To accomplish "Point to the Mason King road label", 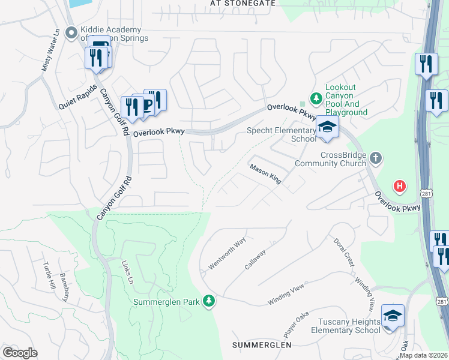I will coord(266,175).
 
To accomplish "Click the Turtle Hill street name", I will coord(49,276).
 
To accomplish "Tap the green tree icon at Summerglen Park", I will coord(209,301).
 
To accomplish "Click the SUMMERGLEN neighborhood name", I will coord(262,345).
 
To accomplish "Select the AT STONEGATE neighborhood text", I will coord(243,3).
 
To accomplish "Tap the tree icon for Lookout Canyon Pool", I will coord(315,98).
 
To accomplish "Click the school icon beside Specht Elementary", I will coord(327,127).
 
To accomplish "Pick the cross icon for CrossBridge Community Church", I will coord(376,159).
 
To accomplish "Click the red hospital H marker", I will coord(399,187).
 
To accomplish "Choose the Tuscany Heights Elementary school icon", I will coord(393,316).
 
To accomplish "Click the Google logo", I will coord(20,353).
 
